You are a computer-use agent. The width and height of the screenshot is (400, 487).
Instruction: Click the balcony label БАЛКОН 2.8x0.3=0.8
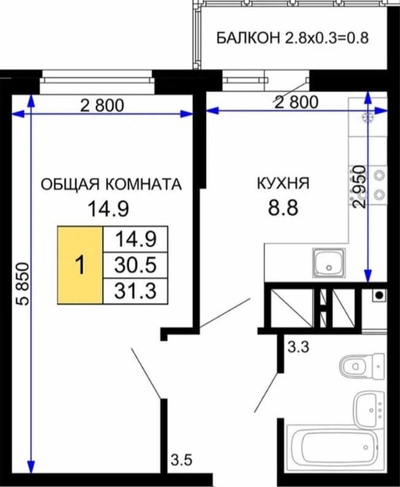pos(292,39)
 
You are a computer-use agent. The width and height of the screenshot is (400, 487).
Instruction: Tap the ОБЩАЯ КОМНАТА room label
pos(111,184)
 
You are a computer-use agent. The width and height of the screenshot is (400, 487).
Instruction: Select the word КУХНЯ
pos(284,183)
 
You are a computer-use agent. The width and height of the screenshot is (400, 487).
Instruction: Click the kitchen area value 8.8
pos(283,208)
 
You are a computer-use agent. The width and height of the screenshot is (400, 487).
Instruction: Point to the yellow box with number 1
pos(80,265)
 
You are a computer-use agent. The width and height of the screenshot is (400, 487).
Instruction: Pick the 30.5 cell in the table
pos(135,265)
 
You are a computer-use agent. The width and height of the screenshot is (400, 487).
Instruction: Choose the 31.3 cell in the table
pos(135,291)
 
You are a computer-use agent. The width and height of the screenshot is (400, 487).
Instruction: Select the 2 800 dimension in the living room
pos(102,105)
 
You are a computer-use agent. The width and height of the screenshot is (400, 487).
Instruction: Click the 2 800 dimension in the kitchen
pos(297,102)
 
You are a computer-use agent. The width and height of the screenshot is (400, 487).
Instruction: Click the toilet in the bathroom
pos(363,366)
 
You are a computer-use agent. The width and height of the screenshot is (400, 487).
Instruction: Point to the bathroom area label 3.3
pos(298,347)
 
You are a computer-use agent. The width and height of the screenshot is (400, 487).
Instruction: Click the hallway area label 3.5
pos(182,460)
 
